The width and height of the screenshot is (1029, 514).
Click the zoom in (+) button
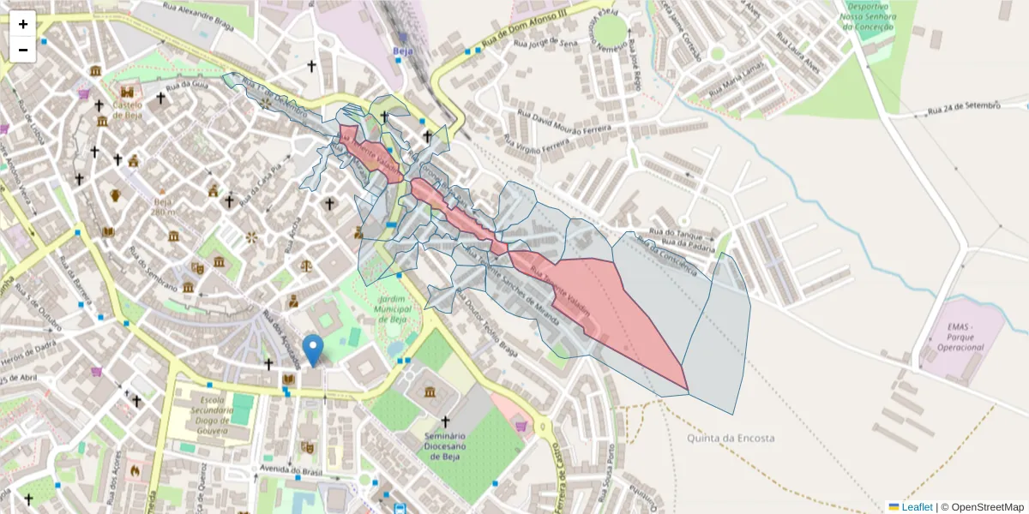pyautogui.click(x=23, y=24)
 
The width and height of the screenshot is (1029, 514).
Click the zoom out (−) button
pyautogui.click(x=23, y=50)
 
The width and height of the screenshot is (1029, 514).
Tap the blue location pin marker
pyautogui.click(x=313, y=350)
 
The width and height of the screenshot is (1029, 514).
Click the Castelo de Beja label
pyautogui.click(x=127, y=108)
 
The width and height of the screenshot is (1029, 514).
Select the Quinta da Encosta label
pyautogui.click(x=731, y=438)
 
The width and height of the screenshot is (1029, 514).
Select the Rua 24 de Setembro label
pyautogui.click(x=964, y=108)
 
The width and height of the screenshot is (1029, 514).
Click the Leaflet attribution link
pyautogui.click(x=916, y=507)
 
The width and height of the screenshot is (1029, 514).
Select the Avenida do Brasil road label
pyautogui.click(x=291, y=469)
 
